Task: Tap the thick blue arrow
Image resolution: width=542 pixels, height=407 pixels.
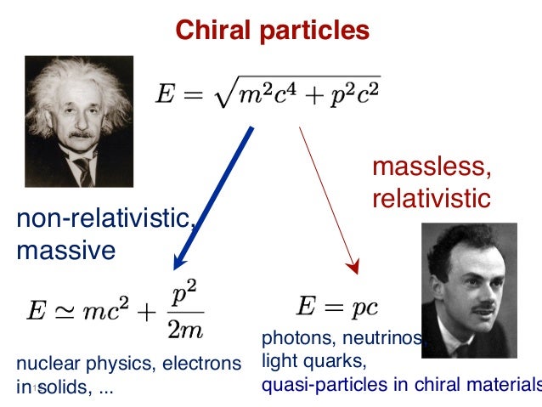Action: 212,195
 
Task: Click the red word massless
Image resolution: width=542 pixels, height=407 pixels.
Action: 431,168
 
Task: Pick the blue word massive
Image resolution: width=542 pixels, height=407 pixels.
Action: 65,251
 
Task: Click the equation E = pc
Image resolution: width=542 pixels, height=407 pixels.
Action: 337,304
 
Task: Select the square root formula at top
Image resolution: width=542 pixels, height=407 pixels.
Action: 268,94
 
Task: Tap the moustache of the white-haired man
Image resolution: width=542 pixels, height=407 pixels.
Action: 81,133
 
